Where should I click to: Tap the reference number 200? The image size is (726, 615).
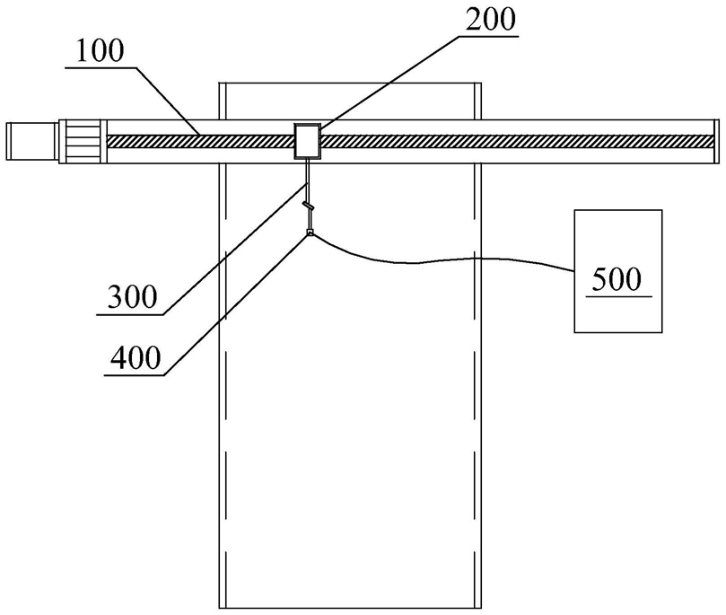click(x=488, y=20)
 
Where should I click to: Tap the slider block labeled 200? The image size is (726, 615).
click(x=308, y=141)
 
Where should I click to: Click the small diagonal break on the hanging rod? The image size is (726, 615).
click(x=309, y=206)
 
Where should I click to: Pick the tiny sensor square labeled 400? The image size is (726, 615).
click(x=310, y=233)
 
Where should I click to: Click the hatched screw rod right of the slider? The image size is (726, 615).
click(x=512, y=141)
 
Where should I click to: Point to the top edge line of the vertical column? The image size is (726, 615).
click(x=351, y=83)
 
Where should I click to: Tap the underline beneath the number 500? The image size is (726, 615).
click(x=618, y=294)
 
